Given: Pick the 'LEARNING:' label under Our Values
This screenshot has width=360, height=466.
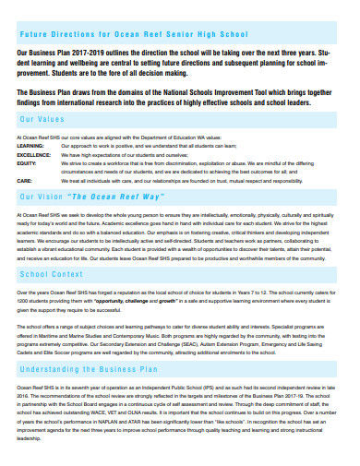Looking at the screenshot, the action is coord(30,146).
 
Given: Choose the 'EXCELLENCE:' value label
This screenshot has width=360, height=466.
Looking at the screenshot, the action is coord(34,154).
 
